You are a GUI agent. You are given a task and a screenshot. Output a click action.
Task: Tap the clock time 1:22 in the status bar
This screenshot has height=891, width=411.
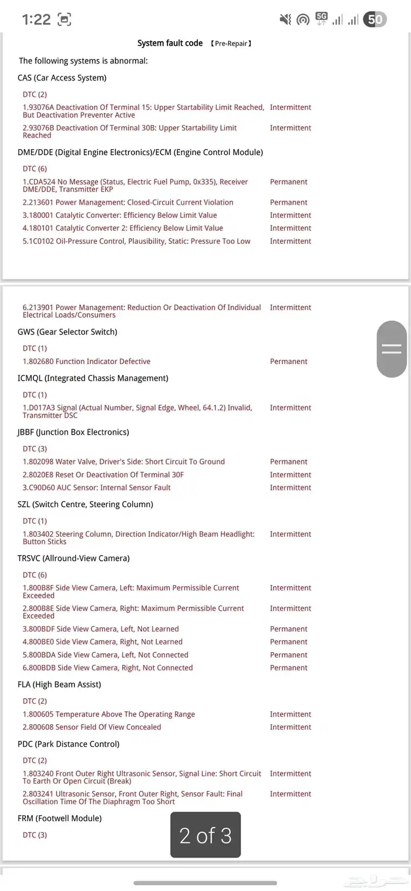[36, 19]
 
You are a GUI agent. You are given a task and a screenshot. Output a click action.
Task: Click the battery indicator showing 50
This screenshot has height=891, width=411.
[375, 19]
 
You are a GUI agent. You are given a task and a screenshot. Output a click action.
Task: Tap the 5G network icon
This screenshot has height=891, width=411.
[321, 18]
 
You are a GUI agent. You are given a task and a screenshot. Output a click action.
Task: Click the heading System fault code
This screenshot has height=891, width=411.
[170, 43]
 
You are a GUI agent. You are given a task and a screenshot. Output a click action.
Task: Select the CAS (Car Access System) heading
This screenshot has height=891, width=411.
[62, 78]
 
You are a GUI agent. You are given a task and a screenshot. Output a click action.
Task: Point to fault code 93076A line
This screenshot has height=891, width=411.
[143, 111]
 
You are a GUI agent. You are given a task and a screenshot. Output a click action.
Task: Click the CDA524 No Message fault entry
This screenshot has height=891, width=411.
[135, 186]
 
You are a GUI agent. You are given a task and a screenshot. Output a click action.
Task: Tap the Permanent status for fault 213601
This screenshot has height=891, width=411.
[288, 202]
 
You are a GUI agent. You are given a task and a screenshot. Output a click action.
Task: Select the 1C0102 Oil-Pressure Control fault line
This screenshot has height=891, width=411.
[136, 241]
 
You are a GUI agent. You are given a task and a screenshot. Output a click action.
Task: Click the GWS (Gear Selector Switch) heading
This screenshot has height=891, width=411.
[68, 332]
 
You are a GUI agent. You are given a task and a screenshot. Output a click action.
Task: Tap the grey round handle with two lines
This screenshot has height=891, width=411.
[391, 348]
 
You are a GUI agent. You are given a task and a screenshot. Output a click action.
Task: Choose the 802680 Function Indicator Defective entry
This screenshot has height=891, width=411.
[86, 361]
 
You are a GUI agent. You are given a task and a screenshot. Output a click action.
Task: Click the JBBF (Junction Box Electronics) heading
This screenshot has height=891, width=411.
[73, 432]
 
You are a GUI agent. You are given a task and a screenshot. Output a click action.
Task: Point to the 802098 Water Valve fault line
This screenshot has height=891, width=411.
[123, 462]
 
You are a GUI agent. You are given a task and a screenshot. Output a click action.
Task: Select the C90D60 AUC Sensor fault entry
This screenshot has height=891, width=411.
[97, 487]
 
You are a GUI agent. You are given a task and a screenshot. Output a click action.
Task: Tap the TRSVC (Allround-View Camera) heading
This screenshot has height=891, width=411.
[73, 558]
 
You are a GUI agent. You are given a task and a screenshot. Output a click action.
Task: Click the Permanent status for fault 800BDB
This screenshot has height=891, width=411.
[288, 668]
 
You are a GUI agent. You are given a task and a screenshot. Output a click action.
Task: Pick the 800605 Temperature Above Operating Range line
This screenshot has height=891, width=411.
[109, 714]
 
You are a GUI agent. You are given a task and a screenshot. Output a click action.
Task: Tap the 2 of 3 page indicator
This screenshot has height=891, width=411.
[206, 835]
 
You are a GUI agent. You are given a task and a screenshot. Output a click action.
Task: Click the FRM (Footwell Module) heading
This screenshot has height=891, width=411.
[59, 818]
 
